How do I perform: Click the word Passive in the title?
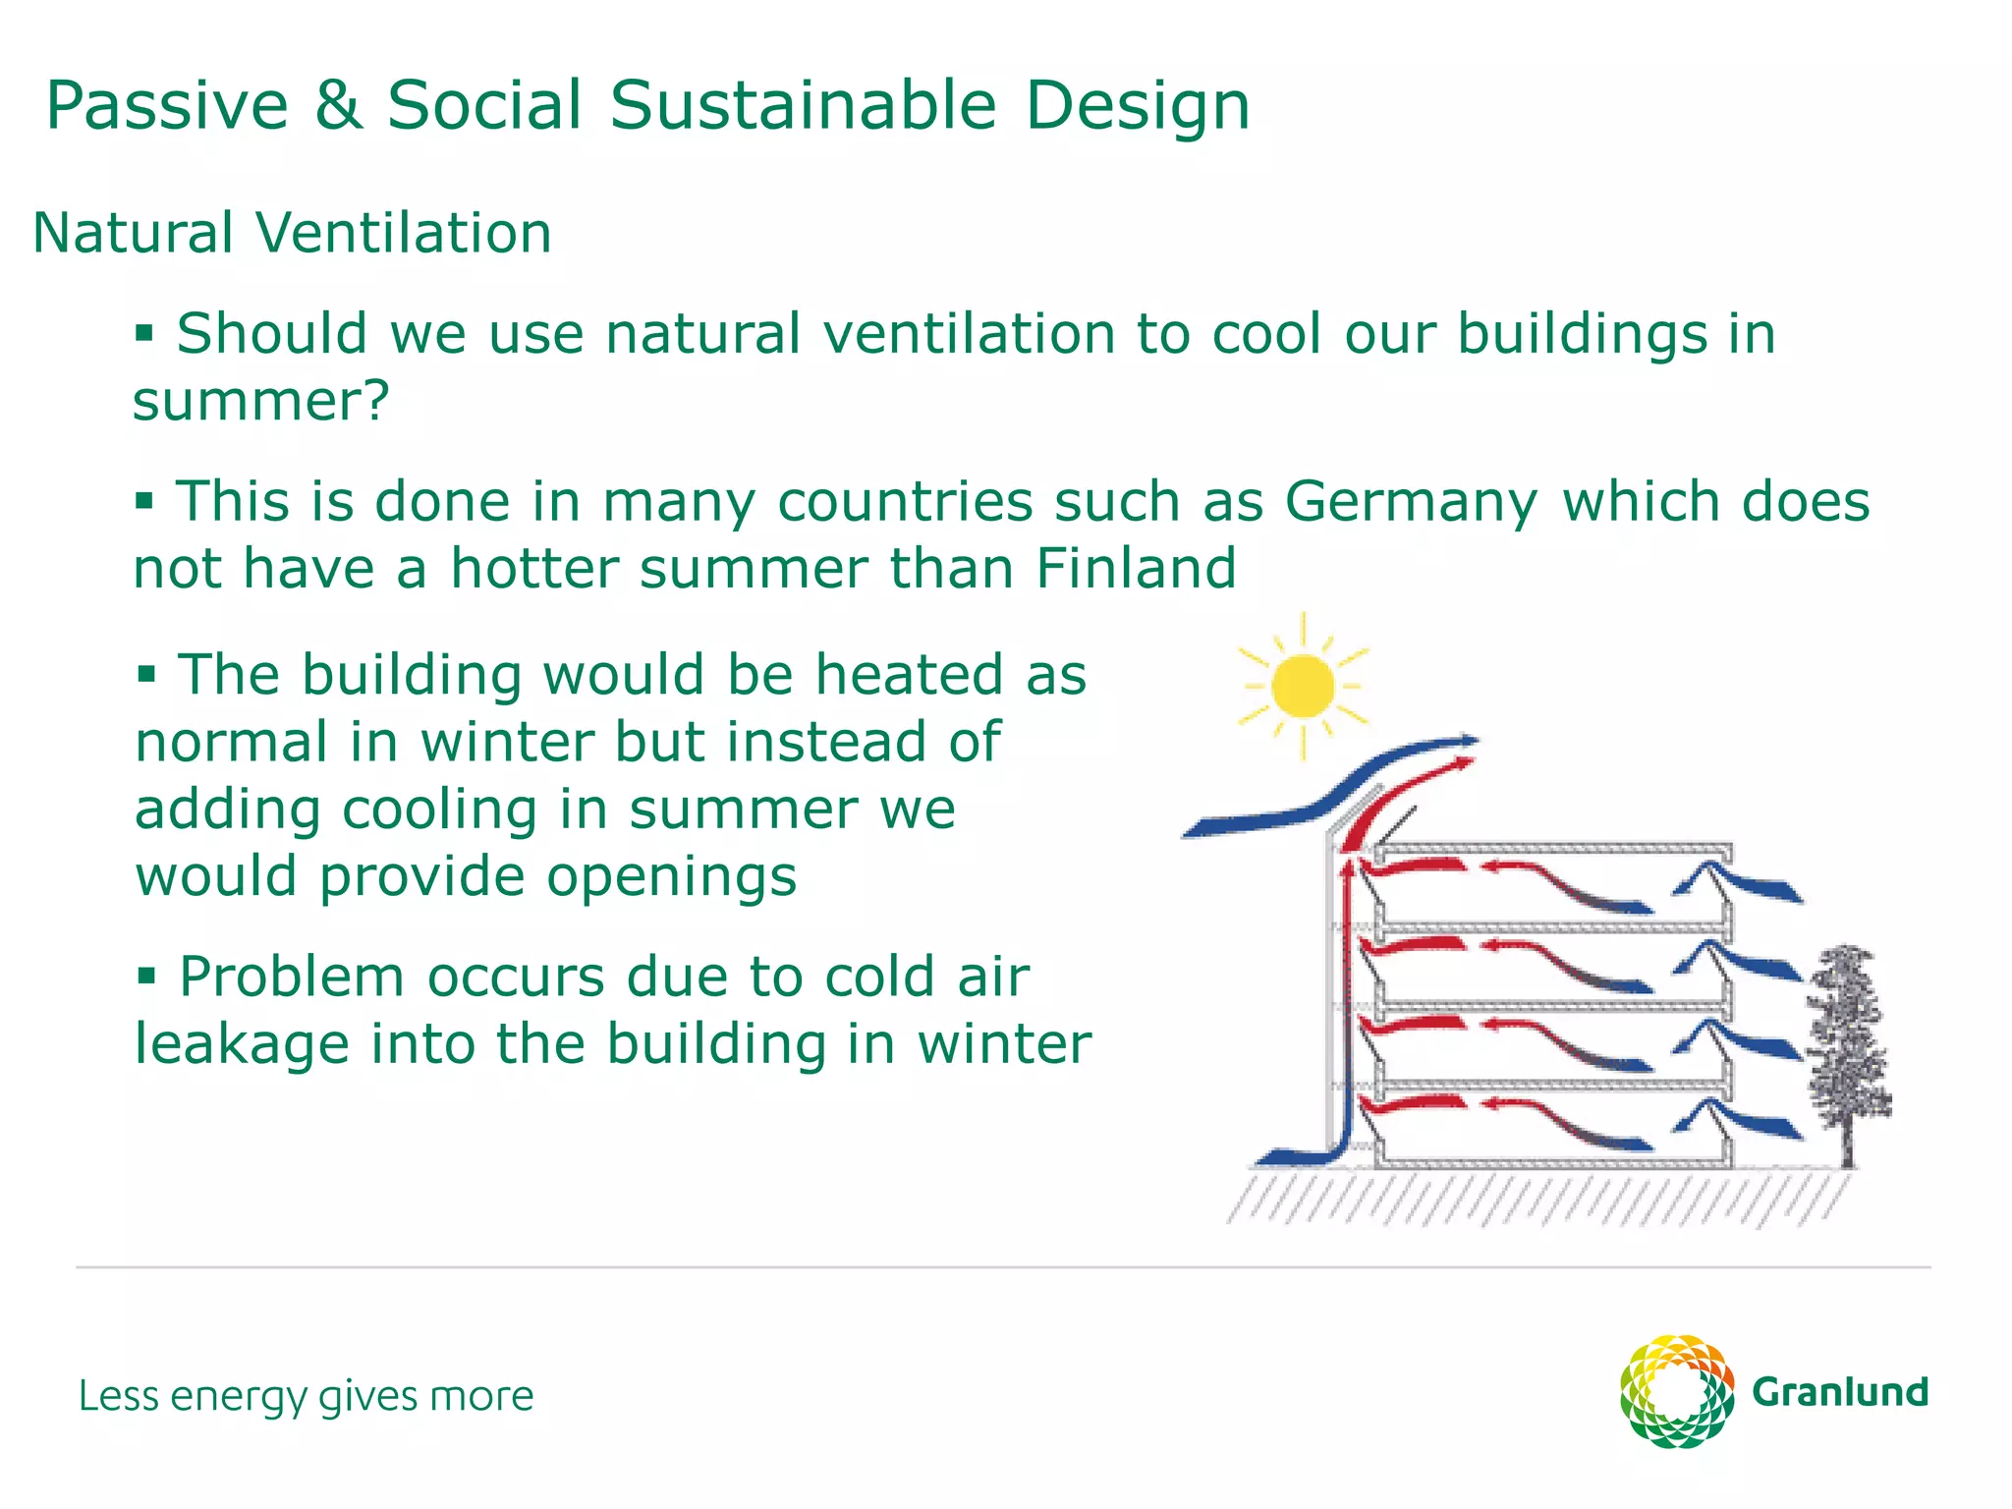tap(167, 105)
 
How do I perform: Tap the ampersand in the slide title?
tap(337, 105)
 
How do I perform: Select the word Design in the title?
tap(1137, 107)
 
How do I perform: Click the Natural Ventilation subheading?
tap(292, 234)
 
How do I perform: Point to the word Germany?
tap(1410, 503)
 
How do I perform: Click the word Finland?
tap(1136, 569)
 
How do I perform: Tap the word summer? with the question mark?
tap(261, 402)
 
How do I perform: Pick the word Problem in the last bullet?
tap(291, 978)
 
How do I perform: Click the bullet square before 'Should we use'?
tap(144, 333)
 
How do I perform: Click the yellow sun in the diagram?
tap(1302, 686)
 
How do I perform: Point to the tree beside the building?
tap(1848, 1051)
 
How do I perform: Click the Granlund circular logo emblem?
tap(1676, 1391)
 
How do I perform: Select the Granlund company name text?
tap(1839, 1393)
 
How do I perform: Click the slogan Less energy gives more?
tap(306, 1396)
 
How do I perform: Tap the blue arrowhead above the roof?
tap(1467, 740)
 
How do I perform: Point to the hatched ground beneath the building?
tap(1533, 1197)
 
